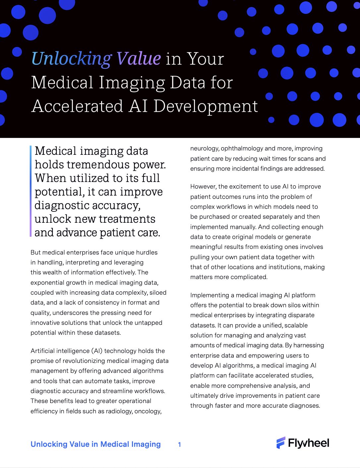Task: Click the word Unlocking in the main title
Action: (x=71, y=59)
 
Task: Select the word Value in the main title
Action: (x=138, y=59)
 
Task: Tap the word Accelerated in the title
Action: (x=77, y=106)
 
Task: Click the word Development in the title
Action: (x=206, y=106)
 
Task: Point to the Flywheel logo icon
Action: (x=281, y=443)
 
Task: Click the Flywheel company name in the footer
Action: (x=308, y=443)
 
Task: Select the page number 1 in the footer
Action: (x=179, y=444)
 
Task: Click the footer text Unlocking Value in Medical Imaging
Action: (x=95, y=444)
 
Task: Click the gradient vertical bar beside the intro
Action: (x=30, y=191)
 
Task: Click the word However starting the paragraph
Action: (x=203, y=187)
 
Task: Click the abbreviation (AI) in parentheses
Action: (x=95, y=351)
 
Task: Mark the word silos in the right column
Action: (x=303, y=305)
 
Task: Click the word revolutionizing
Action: (x=80, y=361)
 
